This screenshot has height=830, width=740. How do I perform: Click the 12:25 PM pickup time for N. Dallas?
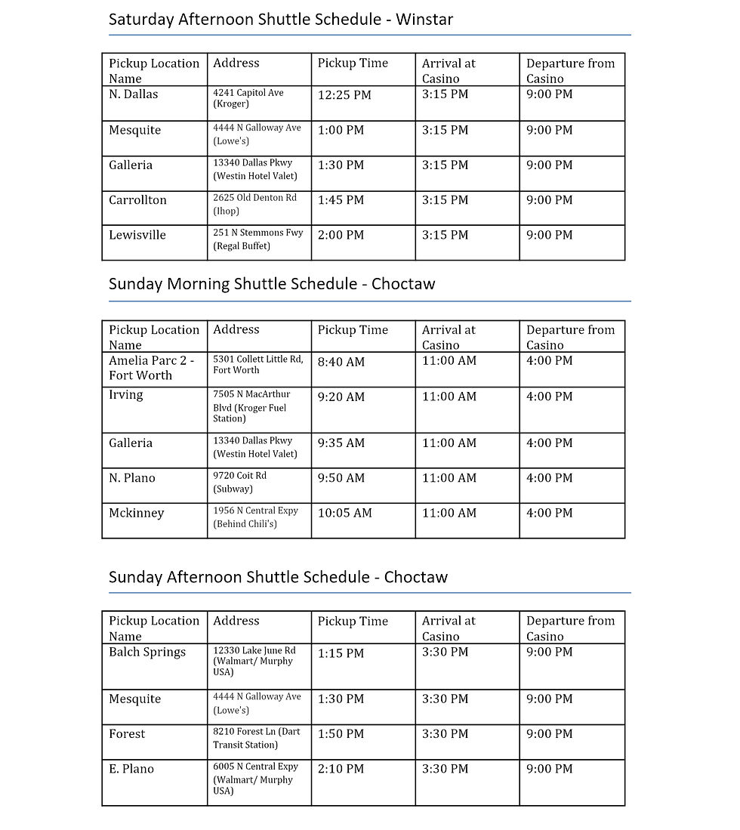(x=344, y=95)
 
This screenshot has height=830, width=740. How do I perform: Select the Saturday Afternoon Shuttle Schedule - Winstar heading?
(x=281, y=20)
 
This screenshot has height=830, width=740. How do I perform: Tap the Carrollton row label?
(x=137, y=200)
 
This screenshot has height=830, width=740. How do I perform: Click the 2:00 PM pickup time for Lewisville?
(x=341, y=235)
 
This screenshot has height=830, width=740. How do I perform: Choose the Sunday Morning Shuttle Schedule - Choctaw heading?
(x=272, y=284)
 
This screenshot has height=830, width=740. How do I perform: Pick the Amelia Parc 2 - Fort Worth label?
(x=151, y=368)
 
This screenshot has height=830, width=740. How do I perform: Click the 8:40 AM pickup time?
(x=341, y=362)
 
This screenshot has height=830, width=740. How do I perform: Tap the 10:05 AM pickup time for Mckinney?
(x=344, y=513)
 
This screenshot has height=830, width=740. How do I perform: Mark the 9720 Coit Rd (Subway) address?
(x=240, y=482)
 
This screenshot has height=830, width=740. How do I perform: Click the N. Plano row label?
(x=131, y=478)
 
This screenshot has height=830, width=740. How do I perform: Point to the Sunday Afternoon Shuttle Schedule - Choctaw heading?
(x=278, y=577)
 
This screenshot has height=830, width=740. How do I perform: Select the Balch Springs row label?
(x=146, y=652)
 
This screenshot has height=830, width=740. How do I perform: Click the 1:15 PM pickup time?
(x=341, y=653)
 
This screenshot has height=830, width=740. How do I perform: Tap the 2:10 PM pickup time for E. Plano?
(x=341, y=769)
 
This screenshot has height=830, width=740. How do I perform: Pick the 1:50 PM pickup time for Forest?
(x=341, y=734)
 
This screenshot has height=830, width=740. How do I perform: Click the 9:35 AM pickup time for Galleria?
(x=341, y=443)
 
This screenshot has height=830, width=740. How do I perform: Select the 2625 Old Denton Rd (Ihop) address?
(x=254, y=204)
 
